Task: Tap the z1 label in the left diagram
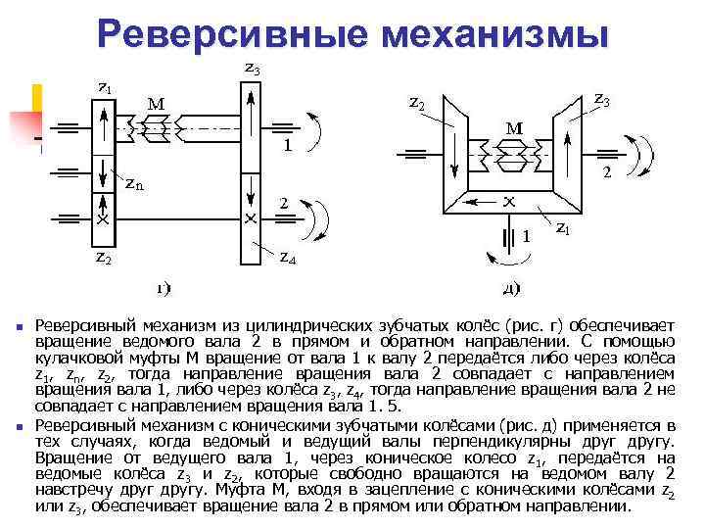[104, 86]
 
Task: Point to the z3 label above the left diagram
[252, 70]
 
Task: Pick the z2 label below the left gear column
[103, 259]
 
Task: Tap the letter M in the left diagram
[155, 103]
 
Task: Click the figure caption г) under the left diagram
[164, 288]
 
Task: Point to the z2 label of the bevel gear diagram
[416, 102]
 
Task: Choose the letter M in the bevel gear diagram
[511, 127]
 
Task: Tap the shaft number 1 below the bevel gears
[527, 236]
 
